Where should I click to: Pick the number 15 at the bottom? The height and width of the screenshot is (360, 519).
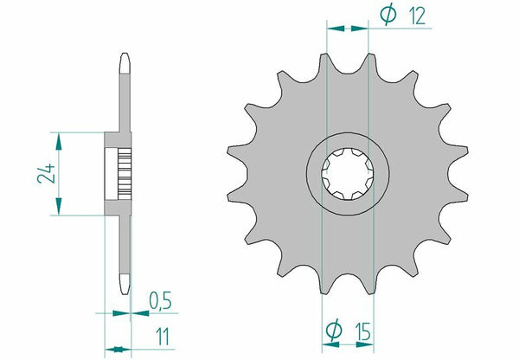tap(365, 329)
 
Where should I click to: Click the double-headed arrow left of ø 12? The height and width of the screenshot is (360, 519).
tap(347, 29)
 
